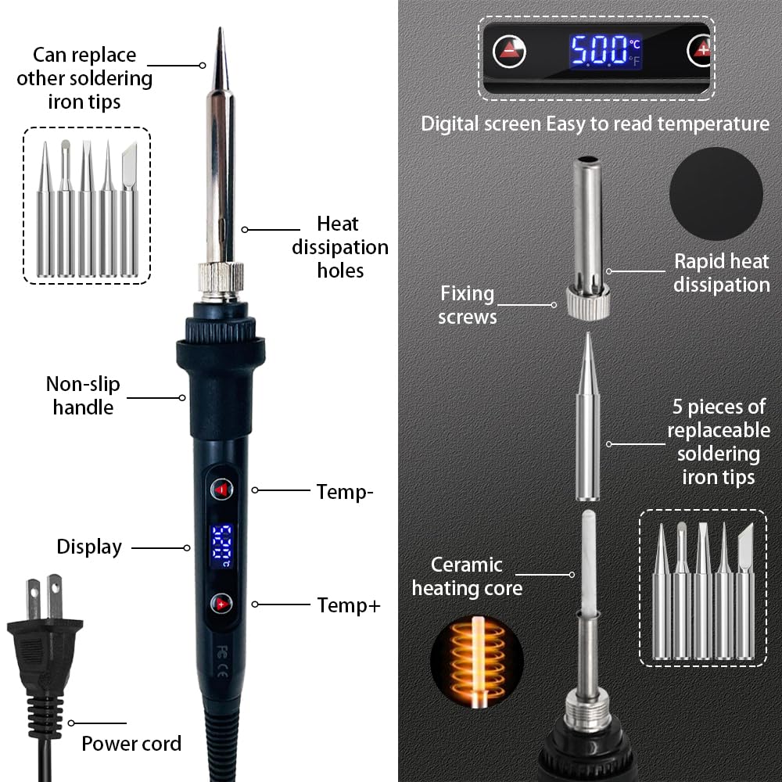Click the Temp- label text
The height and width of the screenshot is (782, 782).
(345, 492)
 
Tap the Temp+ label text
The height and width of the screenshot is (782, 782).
(349, 605)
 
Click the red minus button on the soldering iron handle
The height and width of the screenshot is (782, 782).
(222, 490)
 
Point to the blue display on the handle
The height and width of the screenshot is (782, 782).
(221, 546)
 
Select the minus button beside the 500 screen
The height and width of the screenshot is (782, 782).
(509, 51)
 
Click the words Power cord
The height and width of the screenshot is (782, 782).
(131, 744)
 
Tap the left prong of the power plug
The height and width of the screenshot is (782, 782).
(34, 598)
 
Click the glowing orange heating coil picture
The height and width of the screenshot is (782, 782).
(477, 662)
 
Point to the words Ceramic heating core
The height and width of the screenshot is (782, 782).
(467, 576)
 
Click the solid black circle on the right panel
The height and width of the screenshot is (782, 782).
(716, 194)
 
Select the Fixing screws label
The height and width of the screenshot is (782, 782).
(468, 305)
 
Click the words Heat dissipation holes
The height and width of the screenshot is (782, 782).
(340, 247)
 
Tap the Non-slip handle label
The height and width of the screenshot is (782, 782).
(83, 396)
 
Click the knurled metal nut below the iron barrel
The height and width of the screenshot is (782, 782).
(221, 278)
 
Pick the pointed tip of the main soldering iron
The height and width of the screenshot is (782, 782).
(220, 28)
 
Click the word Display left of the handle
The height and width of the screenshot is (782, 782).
(89, 547)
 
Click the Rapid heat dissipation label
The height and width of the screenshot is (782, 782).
(722, 273)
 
